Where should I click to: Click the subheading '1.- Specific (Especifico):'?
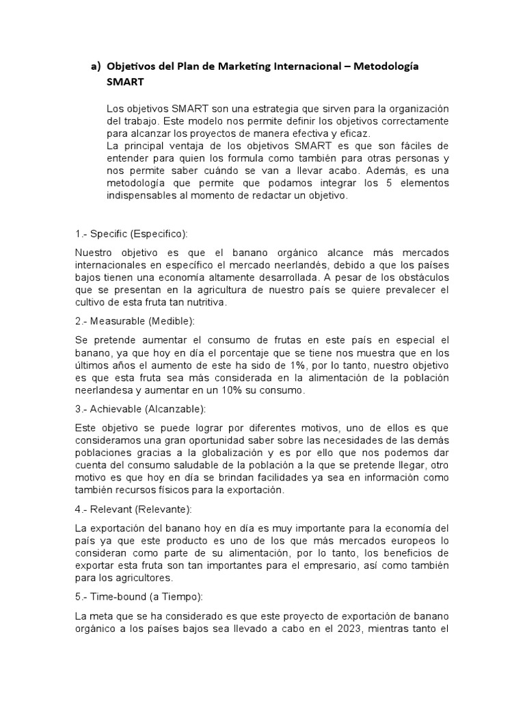pos(131,234)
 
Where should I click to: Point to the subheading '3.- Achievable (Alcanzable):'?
pos(140,409)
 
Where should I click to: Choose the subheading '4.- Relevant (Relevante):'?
pos(133,509)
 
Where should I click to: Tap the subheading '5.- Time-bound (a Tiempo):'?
pos(139,597)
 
